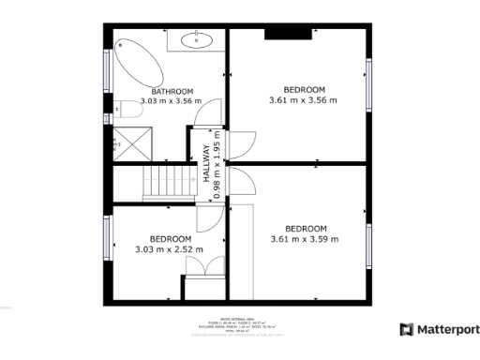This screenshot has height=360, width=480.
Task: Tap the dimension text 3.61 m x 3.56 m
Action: pyautogui.click(x=303, y=100)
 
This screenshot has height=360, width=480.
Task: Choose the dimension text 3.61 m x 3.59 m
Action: pyautogui.click(x=305, y=239)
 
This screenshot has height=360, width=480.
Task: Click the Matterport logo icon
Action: pyautogui.click(x=406, y=329)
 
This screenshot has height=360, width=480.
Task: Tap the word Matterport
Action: pyautogui.click(x=448, y=329)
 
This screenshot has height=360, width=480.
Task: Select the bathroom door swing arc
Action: pyautogui.click(x=201, y=112)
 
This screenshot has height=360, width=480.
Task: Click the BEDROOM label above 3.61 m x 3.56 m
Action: pyautogui.click(x=303, y=90)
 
